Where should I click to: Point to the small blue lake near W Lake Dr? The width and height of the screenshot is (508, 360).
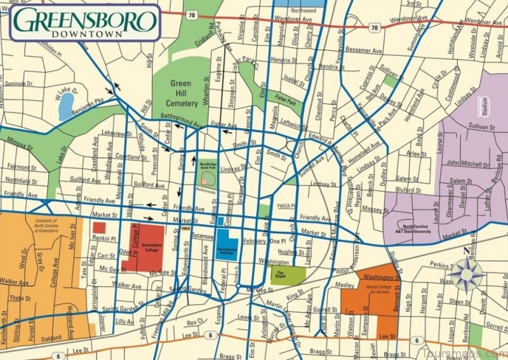[66, 109]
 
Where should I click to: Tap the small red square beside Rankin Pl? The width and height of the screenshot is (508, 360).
[99, 227]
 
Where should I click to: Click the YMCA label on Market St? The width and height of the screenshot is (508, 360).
[186, 229]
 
